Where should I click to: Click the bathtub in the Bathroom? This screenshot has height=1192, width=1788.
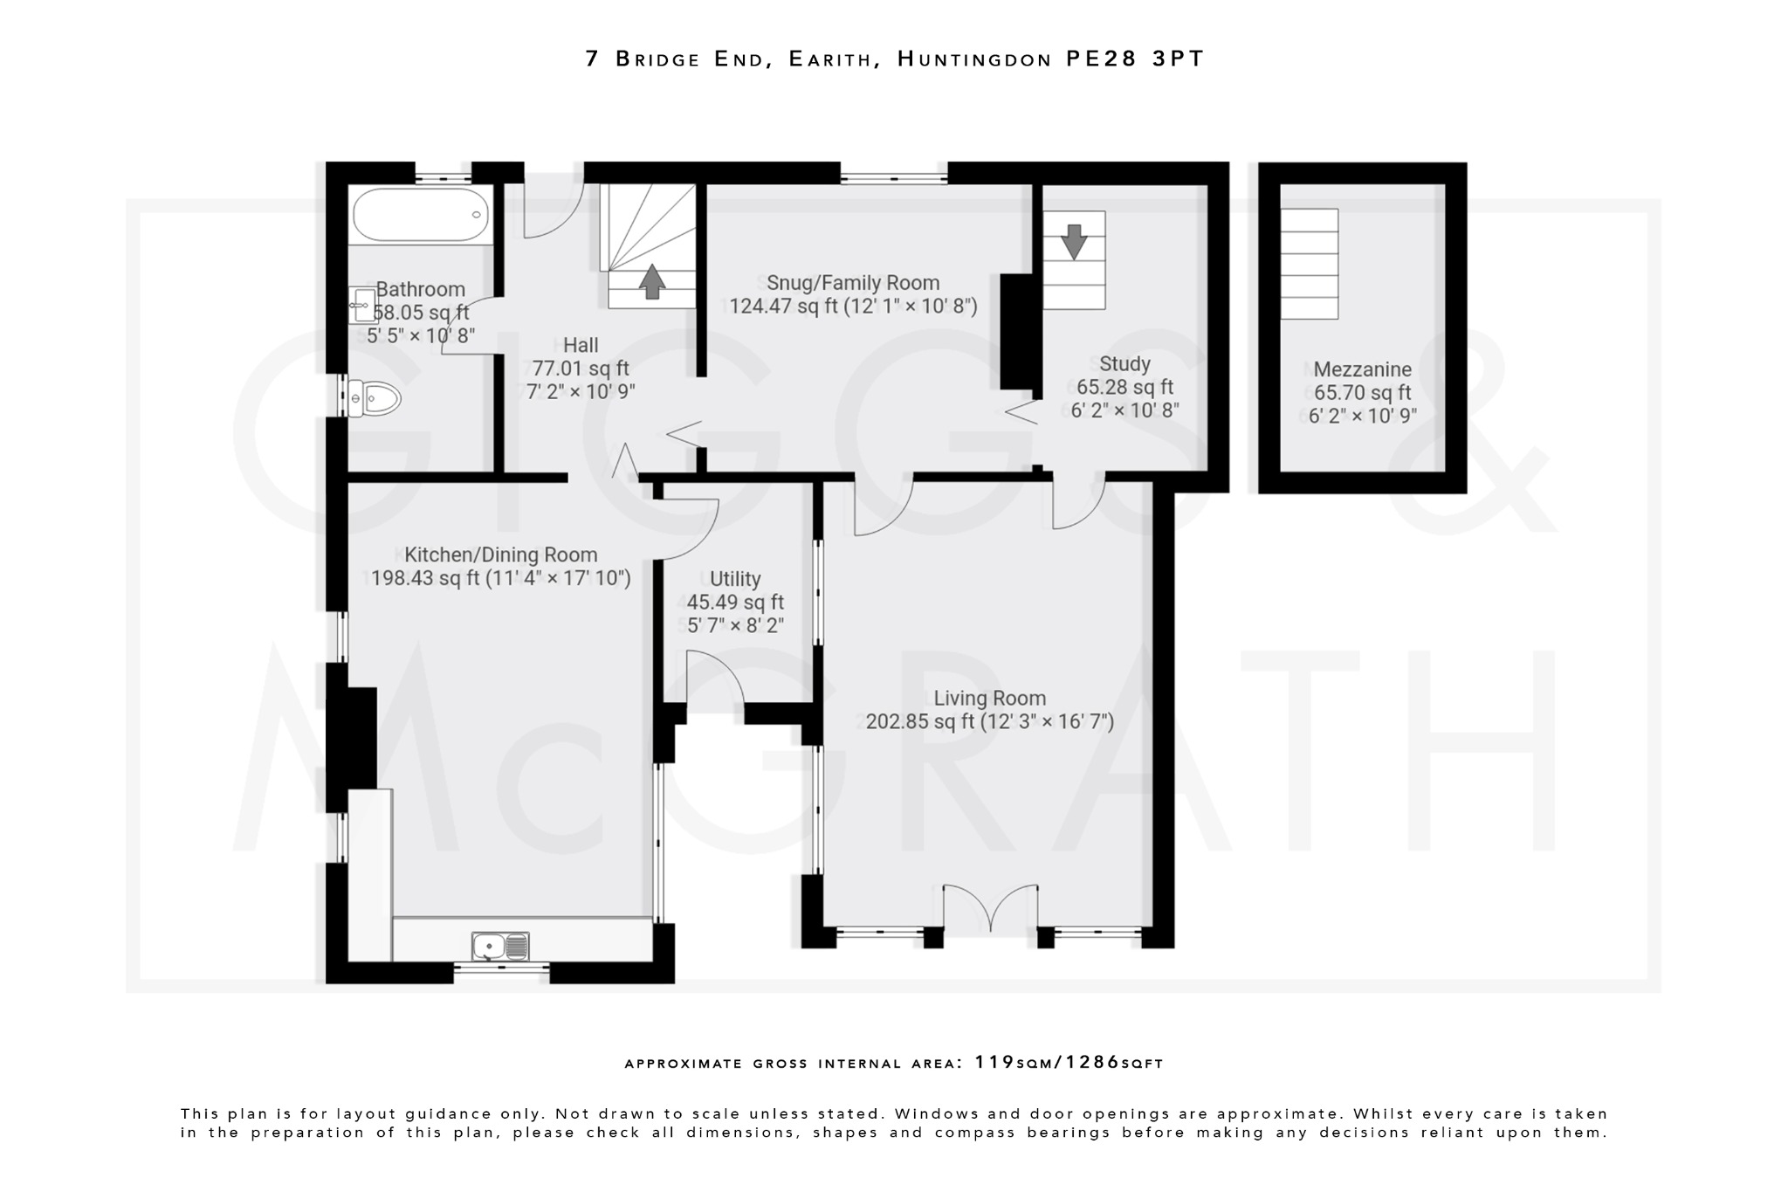pos(421,215)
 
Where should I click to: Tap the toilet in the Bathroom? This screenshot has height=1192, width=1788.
pos(375,399)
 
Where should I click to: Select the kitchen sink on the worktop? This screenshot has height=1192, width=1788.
pos(499,946)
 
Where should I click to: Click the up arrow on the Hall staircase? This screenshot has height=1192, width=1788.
pos(651,282)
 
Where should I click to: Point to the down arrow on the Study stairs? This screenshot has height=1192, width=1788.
pos(1074,241)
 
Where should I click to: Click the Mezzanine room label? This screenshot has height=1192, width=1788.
pos(1362,369)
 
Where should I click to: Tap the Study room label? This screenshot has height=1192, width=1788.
pos(1124,364)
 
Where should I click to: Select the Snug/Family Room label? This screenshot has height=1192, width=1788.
pos(853,283)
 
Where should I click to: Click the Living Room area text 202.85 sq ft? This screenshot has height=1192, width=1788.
pos(918,722)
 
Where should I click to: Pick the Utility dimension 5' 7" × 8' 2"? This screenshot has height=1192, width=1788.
pos(735,625)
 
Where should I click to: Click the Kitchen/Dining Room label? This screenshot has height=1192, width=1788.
pos(501,555)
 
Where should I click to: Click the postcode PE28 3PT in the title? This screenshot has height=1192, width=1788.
pos(1135,59)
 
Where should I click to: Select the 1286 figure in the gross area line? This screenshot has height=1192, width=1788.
pos(1090,1063)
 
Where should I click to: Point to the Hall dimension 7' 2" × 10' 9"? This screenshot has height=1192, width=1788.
pos(581,391)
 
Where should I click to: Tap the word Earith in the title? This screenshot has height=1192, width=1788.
pos(829,59)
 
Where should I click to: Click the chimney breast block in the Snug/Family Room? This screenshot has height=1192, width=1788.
pos(1015,332)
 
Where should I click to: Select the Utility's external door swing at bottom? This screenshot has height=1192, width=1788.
pos(714,679)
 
